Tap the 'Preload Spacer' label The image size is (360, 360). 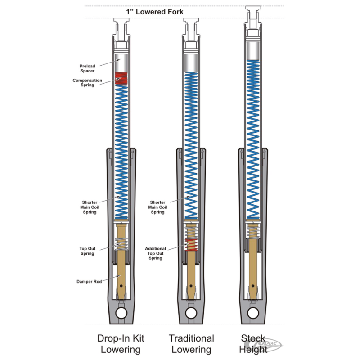pyautogui.click(x=87, y=68)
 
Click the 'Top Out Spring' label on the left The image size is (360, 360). pyautogui.click(x=87, y=251)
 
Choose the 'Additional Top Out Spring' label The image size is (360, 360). pyautogui.click(x=155, y=253)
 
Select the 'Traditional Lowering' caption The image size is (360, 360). pyautogui.click(x=191, y=344)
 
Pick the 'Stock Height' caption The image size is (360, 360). pyautogui.click(x=253, y=344)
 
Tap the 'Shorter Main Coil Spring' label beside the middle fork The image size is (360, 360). pyautogui.click(x=157, y=207)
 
